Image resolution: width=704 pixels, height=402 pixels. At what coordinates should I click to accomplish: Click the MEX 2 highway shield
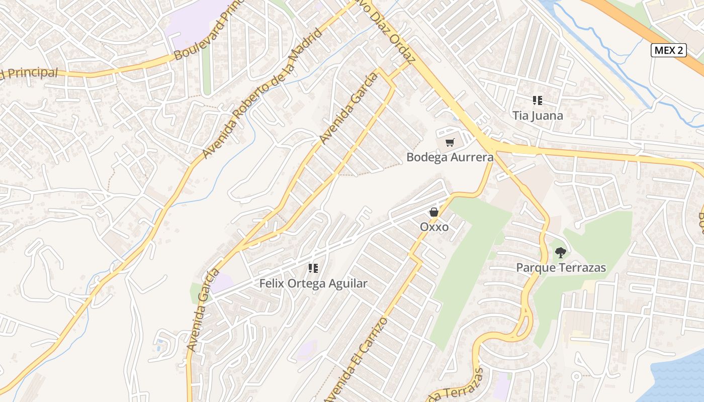668,50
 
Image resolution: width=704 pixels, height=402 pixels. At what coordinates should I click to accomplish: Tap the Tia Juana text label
538,116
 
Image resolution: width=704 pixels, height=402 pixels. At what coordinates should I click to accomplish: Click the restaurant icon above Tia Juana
538,100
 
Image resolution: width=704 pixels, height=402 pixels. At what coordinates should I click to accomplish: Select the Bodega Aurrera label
450,157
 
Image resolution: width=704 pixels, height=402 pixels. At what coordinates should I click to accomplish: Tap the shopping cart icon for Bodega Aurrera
450,143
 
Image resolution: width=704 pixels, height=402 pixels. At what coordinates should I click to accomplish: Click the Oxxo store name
434,227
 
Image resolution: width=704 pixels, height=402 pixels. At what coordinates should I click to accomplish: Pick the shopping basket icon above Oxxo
434,212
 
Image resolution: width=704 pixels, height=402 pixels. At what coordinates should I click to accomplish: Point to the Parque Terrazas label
561,268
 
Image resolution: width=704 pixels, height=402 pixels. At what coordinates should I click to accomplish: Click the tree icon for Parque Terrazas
560,252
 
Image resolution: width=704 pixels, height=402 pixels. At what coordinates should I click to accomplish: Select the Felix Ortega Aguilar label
313,283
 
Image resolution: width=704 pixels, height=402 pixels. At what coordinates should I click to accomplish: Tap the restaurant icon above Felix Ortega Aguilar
313,268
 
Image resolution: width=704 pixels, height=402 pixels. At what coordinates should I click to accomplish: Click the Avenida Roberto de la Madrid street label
262,93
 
